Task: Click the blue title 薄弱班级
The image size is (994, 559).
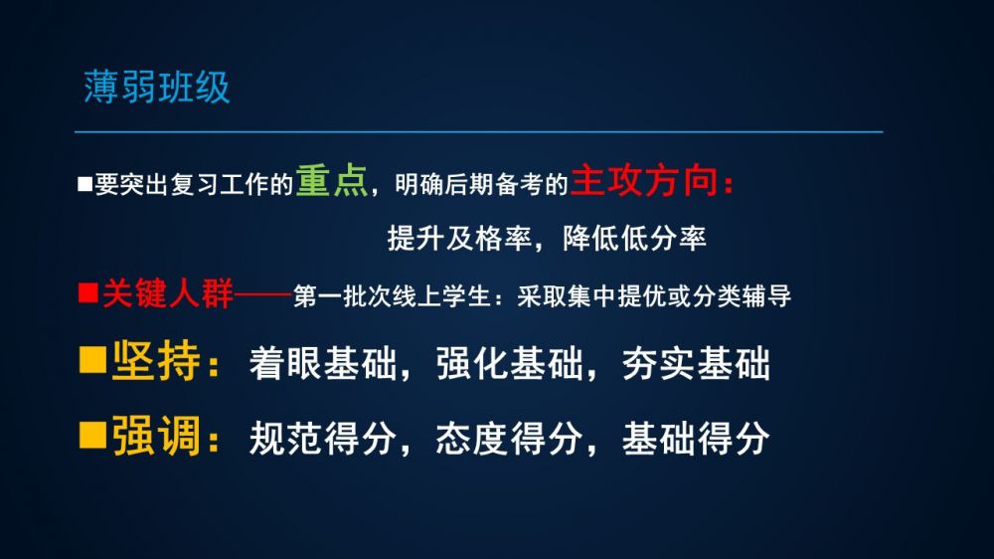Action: coord(157,87)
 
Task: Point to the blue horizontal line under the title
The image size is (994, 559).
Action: coord(479,132)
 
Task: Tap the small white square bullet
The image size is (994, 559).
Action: coord(84,184)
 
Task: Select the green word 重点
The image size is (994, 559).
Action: coord(332,181)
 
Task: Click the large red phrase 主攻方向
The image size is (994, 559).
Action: coord(644,181)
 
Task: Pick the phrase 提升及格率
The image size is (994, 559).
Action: coord(459,239)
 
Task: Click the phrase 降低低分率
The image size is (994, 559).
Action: coord(634,239)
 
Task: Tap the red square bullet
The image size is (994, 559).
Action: coord(88,292)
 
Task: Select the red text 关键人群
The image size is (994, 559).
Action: coord(167,293)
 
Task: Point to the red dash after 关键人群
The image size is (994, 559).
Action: coord(262,294)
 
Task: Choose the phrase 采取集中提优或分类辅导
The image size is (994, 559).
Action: coord(654,296)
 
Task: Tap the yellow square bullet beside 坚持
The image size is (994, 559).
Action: coord(92,359)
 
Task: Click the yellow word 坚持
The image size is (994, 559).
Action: coord(156,361)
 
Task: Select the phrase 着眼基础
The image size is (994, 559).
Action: coord(323,364)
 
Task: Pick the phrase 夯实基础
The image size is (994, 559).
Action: coord(696,364)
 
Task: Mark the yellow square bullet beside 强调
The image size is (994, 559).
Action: coord(92,436)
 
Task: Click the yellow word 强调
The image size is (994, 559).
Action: coord(156,436)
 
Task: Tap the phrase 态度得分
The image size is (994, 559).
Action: coord(510,439)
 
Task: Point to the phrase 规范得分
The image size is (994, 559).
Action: coord(323,439)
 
